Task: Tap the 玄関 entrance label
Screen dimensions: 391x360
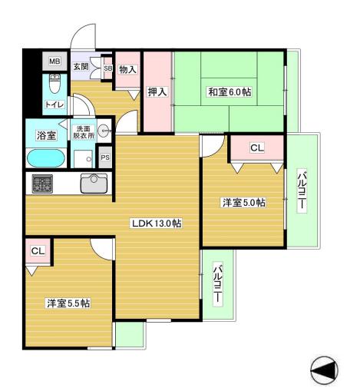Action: click(81, 66)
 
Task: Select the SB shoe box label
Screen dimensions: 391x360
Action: click(107, 68)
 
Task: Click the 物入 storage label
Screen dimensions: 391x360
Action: click(128, 69)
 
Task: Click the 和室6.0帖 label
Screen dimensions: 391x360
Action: click(229, 92)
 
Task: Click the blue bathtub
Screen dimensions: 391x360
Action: click(46, 157)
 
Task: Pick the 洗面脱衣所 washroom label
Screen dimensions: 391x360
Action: click(82, 131)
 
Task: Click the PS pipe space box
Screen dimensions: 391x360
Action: click(105, 157)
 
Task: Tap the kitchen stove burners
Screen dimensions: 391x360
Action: click(42, 184)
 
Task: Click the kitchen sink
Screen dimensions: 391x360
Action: click(94, 184)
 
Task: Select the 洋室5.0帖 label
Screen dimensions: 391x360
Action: click(244, 203)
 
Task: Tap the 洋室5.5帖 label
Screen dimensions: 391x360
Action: click(67, 303)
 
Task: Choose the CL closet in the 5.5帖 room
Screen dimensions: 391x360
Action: click(37, 251)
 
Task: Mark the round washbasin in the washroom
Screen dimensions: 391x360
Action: click(104, 131)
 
